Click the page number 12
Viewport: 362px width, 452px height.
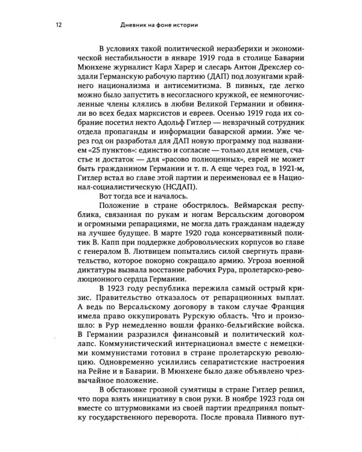(x=56, y=25)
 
